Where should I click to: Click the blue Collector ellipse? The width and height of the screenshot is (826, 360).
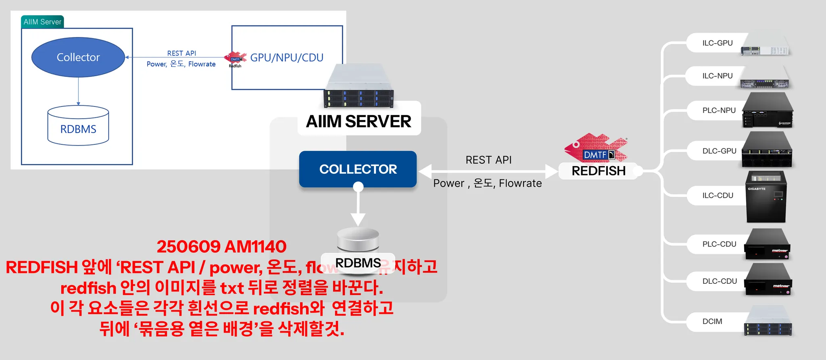(78, 57)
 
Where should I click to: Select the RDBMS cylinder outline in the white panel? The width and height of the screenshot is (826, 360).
(78, 126)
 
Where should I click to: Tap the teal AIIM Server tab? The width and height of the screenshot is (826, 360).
(42, 22)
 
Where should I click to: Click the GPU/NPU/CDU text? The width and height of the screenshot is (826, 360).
(287, 58)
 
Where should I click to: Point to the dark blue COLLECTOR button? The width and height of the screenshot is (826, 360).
(358, 169)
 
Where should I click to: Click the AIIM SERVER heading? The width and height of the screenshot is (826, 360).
(359, 121)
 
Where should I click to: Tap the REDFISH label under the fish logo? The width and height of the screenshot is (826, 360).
(599, 171)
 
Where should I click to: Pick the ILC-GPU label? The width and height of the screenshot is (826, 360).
(718, 43)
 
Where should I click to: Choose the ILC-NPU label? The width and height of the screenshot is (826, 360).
(718, 76)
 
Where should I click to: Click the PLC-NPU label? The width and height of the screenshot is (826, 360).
(719, 110)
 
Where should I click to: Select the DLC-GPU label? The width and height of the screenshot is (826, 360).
(720, 151)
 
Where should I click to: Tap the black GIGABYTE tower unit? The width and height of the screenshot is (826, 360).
(766, 197)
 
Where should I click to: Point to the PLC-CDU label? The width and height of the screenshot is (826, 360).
(720, 244)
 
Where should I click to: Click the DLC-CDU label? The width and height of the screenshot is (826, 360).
(720, 281)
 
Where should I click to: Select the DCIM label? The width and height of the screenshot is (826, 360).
(712, 322)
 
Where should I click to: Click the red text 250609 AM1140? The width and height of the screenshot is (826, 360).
(221, 247)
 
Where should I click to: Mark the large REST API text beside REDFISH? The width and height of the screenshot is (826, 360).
(488, 160)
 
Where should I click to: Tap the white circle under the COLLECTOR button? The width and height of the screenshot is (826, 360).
(358, 187)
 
